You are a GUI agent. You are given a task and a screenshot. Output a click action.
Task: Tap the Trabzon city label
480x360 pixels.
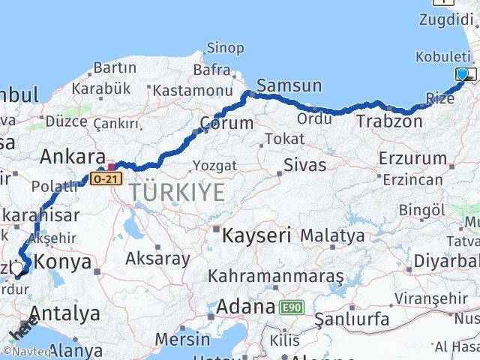coord(389,121)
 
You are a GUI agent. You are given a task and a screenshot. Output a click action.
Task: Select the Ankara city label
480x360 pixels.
coord(72,157)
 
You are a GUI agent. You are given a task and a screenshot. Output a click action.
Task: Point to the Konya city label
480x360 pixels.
coord(63,262)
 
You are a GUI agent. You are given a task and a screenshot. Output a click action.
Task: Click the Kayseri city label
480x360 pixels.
coord(256,235)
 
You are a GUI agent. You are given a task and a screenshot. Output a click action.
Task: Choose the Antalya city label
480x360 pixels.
coord(64,312)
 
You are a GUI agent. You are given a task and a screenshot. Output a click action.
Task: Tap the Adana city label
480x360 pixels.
coord(246,307)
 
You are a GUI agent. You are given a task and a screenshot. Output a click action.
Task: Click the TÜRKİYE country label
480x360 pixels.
coord(177,193)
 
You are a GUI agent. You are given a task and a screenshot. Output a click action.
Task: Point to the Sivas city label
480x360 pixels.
coord(305,165)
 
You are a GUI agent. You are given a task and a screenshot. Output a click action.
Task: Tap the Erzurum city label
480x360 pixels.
coord(412,158)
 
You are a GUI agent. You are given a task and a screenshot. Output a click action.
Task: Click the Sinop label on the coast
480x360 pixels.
coord(225,48)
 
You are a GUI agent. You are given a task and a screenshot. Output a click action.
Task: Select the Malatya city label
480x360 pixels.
coord(332,235)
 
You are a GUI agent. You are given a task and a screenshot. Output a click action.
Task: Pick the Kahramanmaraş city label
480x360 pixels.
coord(275,277)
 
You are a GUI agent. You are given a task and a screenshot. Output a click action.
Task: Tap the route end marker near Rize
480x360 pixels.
coord(463,73)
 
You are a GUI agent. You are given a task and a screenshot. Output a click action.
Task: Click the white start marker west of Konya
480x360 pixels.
coord(16,268)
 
